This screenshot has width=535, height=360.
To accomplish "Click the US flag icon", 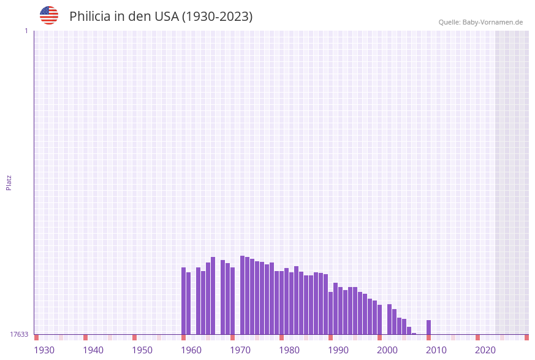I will [x=49, y=15].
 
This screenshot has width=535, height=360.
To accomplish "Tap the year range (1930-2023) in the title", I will [x=217, y=17].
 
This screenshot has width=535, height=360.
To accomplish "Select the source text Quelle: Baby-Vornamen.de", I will [x=480, y=22].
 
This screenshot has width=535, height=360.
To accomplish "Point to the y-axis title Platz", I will [x=9, y=182].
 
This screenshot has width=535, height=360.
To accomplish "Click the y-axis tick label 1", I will [x=26, y=31].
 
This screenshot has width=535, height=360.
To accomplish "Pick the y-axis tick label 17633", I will [x=19, y=334].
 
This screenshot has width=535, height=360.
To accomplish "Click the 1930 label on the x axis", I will [x=44, y=350].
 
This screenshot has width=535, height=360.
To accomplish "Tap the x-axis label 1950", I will [x=142, y=350].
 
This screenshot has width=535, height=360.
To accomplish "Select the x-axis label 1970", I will [x=240, y=350].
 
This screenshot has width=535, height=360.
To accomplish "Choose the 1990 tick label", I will [x=338, y=350].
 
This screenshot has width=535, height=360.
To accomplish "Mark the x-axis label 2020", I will [x=485, y=350].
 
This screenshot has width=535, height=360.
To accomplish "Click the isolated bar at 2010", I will [x=428, y=327].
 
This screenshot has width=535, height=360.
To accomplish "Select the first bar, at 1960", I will [x=183, y=301].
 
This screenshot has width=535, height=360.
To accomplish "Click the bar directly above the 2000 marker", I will [x=379, y=320].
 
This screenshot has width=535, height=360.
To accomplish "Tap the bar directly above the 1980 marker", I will [x=281, y=303].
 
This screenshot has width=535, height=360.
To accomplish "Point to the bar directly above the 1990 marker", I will [x=330, y=313].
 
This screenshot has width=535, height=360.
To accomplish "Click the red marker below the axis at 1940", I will [x=85, y=337].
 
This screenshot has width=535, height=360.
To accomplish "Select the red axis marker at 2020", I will [x=477, y=337].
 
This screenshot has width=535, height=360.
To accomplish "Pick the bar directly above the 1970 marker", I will [x=232, y=301].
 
